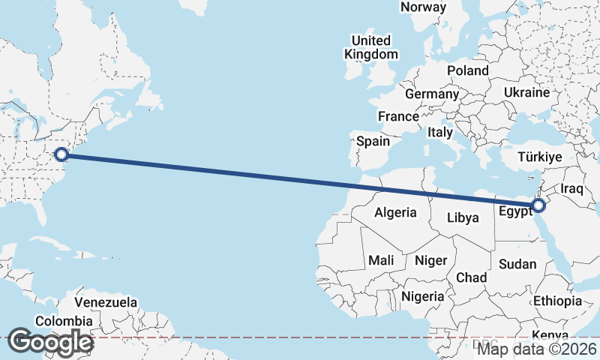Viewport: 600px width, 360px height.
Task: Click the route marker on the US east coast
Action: tap(62, 154)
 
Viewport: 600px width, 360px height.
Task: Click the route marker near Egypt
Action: tap(538, 205)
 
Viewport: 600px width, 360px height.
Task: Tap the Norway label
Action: tap(423, 7)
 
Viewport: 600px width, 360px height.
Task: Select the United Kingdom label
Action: tap(371, 47)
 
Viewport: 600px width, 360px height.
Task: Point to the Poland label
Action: tap(467, 70)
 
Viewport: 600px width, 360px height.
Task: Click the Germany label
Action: tap(431, 94)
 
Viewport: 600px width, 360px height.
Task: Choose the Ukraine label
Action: tap(526, 92)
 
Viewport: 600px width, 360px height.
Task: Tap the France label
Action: tap(398, 117)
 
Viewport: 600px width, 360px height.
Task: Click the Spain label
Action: tap(373, 141)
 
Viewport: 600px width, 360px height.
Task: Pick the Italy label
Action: tap(440, 132)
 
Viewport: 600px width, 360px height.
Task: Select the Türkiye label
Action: tap(540, 157)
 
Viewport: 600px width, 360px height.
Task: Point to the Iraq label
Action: tap(571, 189)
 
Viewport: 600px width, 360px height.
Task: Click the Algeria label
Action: tap(395, 212)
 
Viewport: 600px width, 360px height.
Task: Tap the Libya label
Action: tap(462, 218)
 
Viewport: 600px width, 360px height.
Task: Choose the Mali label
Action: tap(381, 260)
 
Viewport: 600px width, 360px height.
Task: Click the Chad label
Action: tap(471, 277)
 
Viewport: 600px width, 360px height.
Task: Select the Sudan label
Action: tap(517, 264)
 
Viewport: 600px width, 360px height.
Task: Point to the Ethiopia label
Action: tap(557, 301)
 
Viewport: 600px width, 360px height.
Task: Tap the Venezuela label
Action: tap(106, 302)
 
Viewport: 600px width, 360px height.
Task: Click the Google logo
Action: tap(50, 342)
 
